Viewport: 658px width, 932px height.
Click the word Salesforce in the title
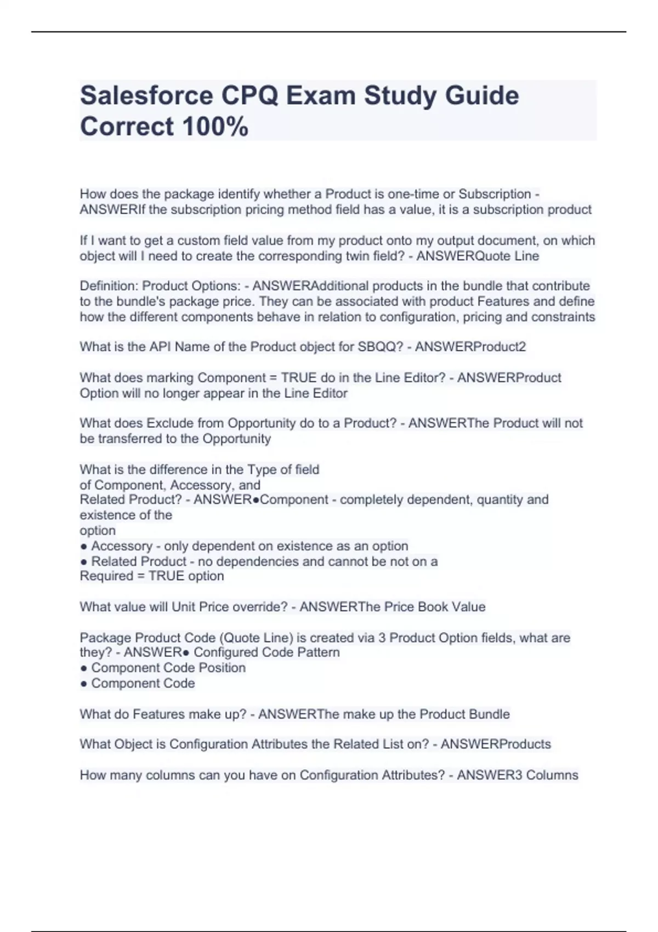[x=146, y=95]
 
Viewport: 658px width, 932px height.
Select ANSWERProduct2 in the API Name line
[x=470, y=346]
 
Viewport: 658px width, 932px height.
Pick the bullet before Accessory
[x=83, y=547]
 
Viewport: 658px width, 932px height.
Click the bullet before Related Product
[x=83, y=562]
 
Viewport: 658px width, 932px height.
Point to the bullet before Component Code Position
[x=83, y=668]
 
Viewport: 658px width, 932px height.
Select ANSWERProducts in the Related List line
[x=496, y=745]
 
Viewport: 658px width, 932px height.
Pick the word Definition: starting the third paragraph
[x=109, y=286]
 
